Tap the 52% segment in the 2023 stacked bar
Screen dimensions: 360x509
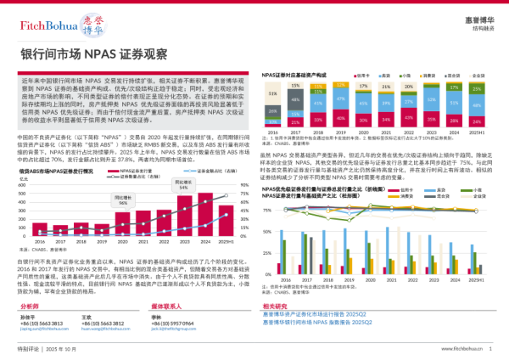point(431,101)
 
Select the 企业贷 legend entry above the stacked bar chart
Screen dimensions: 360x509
point(474,75)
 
